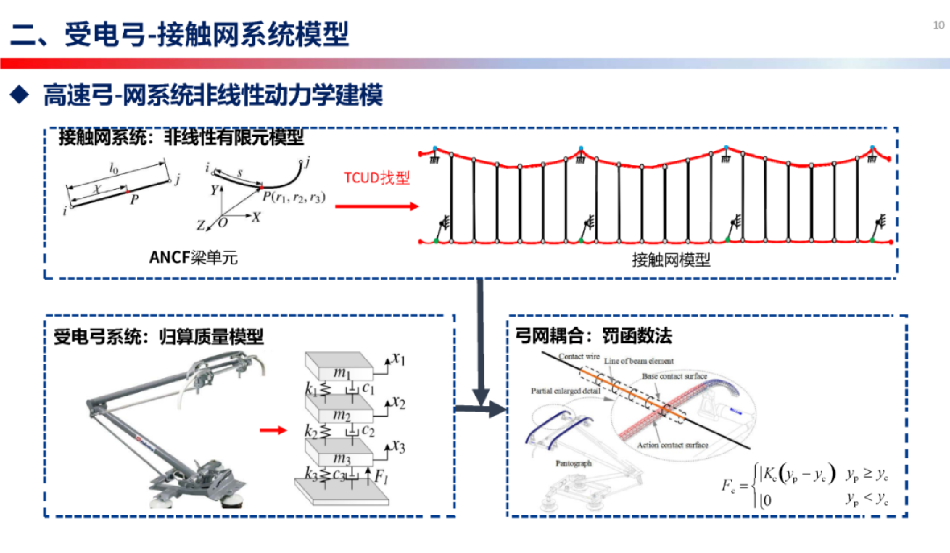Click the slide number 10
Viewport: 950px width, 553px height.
[938, 25]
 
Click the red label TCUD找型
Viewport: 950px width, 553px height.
[377, 178]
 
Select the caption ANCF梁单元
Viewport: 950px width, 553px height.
[194, 258]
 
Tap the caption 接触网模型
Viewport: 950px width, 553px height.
[671, 260]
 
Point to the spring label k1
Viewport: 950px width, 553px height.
[311, 389]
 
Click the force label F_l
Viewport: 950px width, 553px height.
[381, 476]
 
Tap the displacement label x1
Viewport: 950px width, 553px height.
[398, 359]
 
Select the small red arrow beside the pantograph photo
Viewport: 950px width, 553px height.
[273, 431]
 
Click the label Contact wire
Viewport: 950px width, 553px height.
[579, 357]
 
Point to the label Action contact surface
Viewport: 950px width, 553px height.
[672, 445]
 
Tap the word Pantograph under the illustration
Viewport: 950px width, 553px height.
[573, 463]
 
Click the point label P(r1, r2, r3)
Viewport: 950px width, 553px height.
[294, 197]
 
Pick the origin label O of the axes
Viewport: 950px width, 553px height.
[223, 223]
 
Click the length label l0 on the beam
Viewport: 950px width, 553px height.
[113, 168]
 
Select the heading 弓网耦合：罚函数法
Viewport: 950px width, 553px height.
[593, 336]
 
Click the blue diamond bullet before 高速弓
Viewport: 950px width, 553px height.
[20, 95]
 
